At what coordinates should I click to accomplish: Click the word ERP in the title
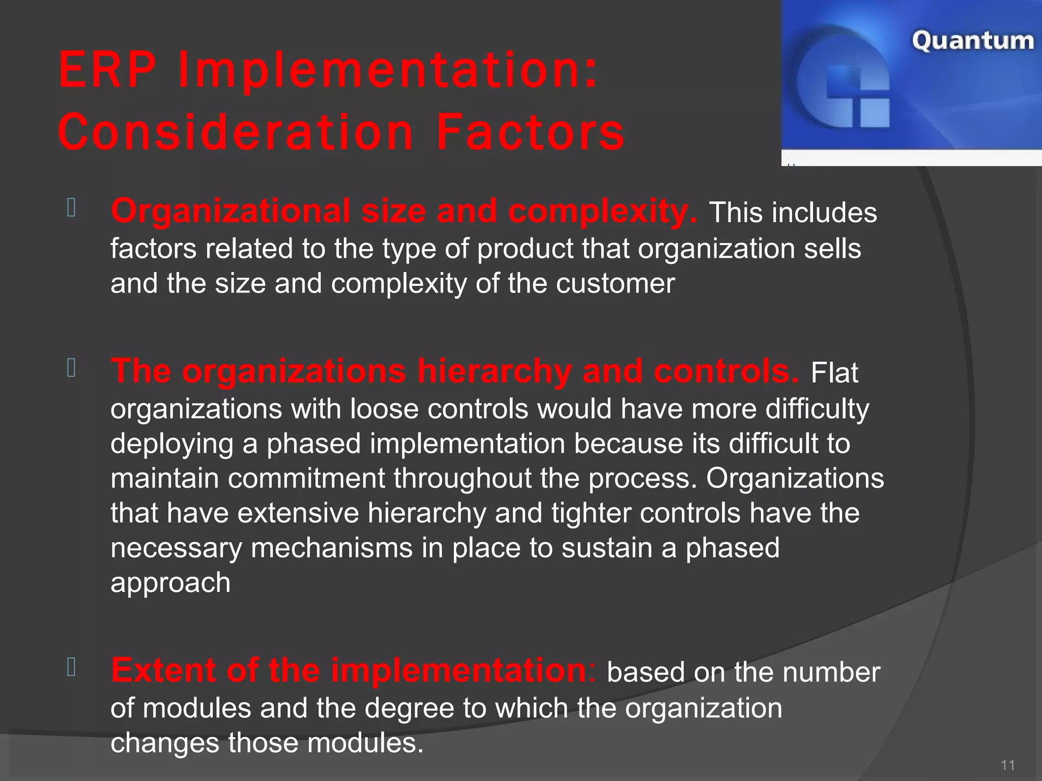[x=107, y=70]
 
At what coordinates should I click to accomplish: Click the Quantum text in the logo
[x=972, y=41]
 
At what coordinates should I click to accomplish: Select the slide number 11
[x=1007, y=765]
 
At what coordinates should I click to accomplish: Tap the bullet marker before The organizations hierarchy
[x=71, y=368]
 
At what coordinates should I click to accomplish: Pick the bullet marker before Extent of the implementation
[x=71, y=667]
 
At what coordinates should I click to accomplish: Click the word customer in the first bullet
[x=615, y=283]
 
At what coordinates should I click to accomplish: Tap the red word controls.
[x=726, y=371]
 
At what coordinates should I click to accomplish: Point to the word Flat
[x=834, y=373]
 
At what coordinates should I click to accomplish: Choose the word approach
[x=170, y=583]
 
